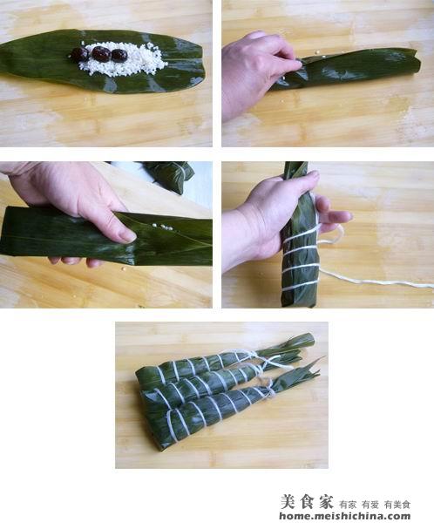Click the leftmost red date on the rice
[79, 54]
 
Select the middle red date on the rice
[101, 54]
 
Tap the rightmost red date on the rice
[119, 56]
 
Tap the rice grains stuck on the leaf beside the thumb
[162, 227]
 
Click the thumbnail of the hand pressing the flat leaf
[128, 236]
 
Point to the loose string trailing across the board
[375, 278]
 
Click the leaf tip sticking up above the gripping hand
[295, 170]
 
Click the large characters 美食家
[307, 502]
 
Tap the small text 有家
[348, 505]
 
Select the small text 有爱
[370, 505]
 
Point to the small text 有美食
[397, 505]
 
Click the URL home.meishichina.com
[344, 517]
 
